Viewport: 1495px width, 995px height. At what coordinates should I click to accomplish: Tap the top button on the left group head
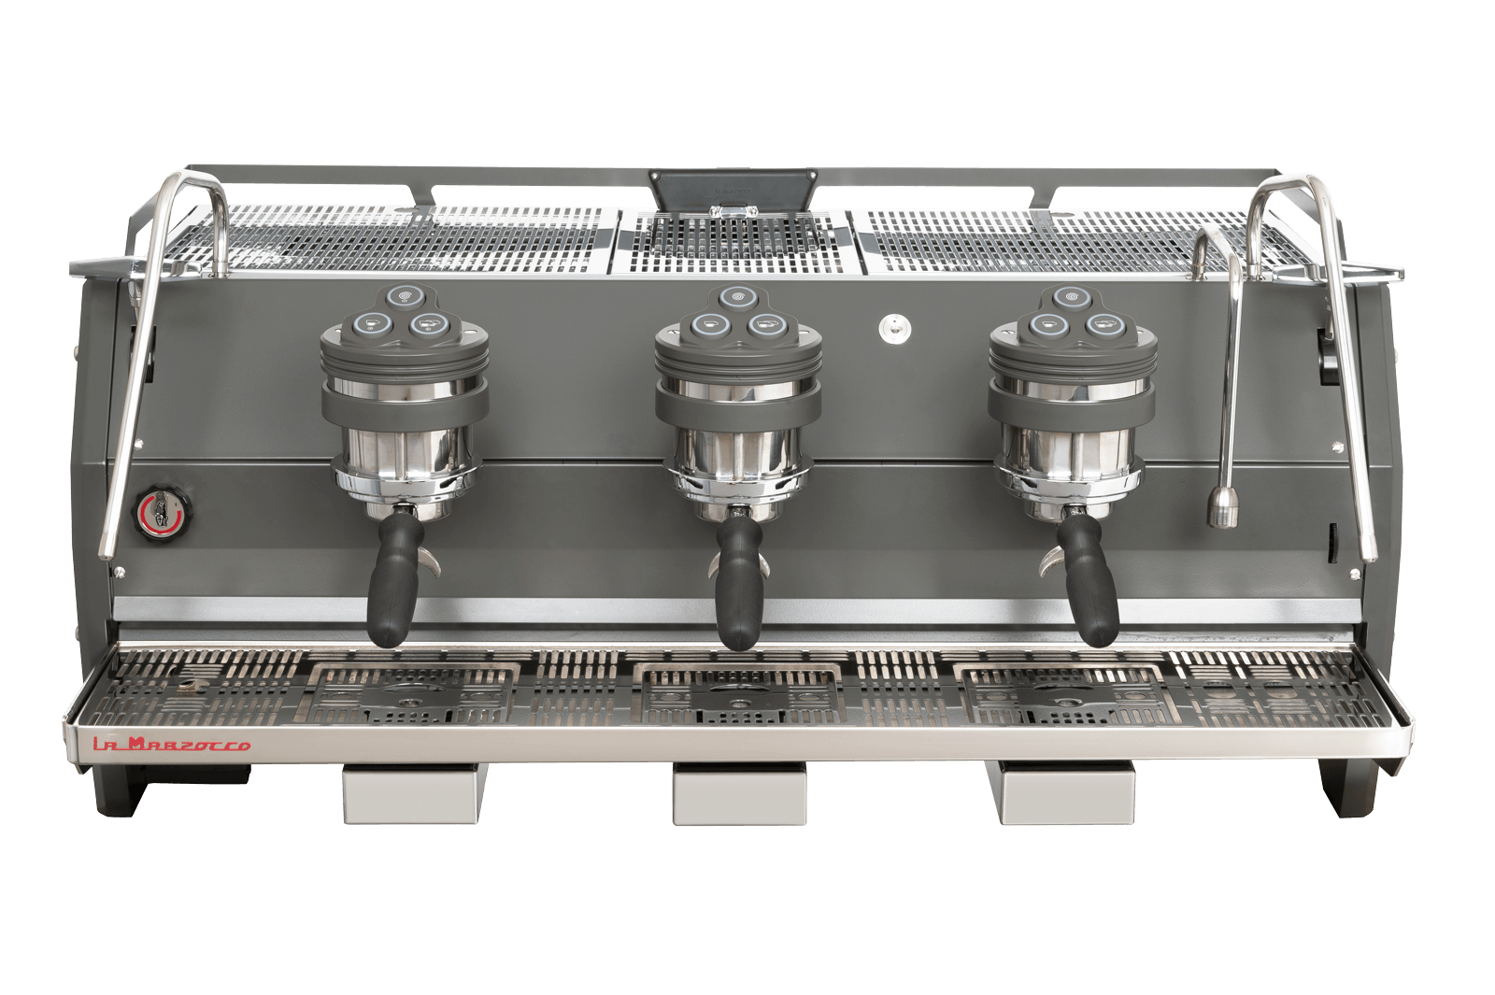[x=405, y=296]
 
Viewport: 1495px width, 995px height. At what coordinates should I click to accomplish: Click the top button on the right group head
[x=1068, y=296]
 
